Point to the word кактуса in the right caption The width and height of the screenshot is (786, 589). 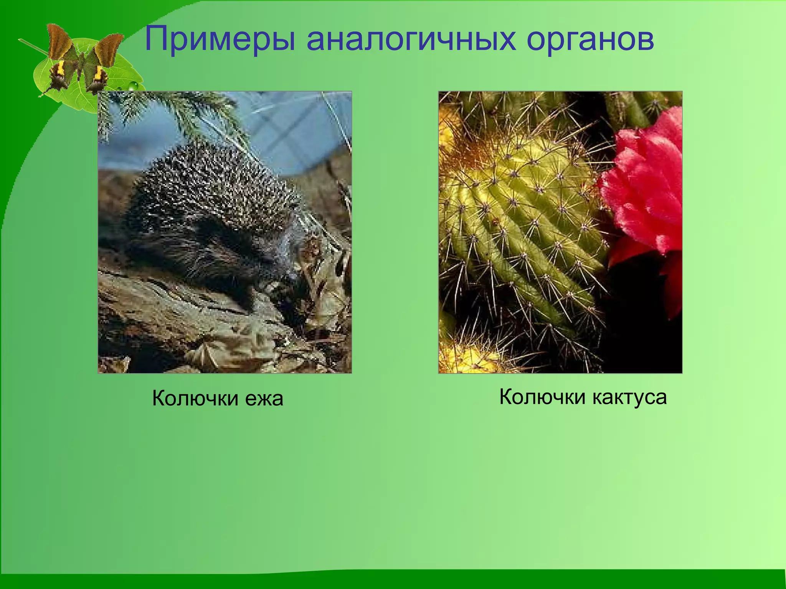[x=629, y=397]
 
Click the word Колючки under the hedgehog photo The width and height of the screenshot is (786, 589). [x=195, y=398]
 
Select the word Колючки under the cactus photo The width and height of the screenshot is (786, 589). [x=542, y=397]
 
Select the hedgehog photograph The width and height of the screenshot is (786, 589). [x=225, y=232]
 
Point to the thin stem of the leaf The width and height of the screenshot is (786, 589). [x=33, y=46]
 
